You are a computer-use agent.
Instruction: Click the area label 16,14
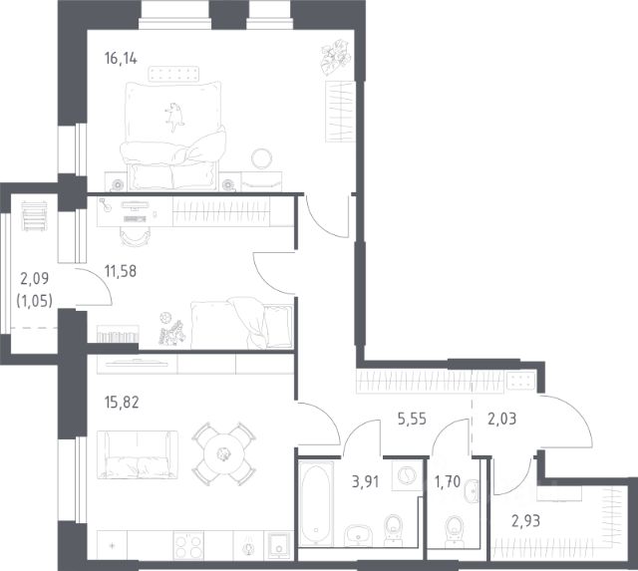pos(121,59)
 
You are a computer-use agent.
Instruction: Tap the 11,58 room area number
pos(121,271)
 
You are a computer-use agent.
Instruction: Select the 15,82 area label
pos(122,403)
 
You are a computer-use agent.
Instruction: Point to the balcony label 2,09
pos(35,279)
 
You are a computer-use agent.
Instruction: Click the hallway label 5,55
pos(412,419)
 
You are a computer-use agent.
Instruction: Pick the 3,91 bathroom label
pos(366,482)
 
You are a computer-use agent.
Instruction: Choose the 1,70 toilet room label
pos(448,482)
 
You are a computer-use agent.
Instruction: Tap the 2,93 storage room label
pos(525,520)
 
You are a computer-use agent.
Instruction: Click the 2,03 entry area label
pos(502,419)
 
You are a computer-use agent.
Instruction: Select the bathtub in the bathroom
pos(316,503)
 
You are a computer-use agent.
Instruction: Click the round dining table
pos(223,453)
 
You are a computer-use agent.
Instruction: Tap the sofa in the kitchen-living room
pos(138,454)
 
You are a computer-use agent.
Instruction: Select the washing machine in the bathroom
pos(407,475)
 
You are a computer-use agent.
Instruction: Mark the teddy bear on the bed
pos(174,117)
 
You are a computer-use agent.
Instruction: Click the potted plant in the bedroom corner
pos(336,58)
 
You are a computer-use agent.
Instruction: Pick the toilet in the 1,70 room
pos(454,531)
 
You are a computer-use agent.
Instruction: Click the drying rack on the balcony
pos(34,216)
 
